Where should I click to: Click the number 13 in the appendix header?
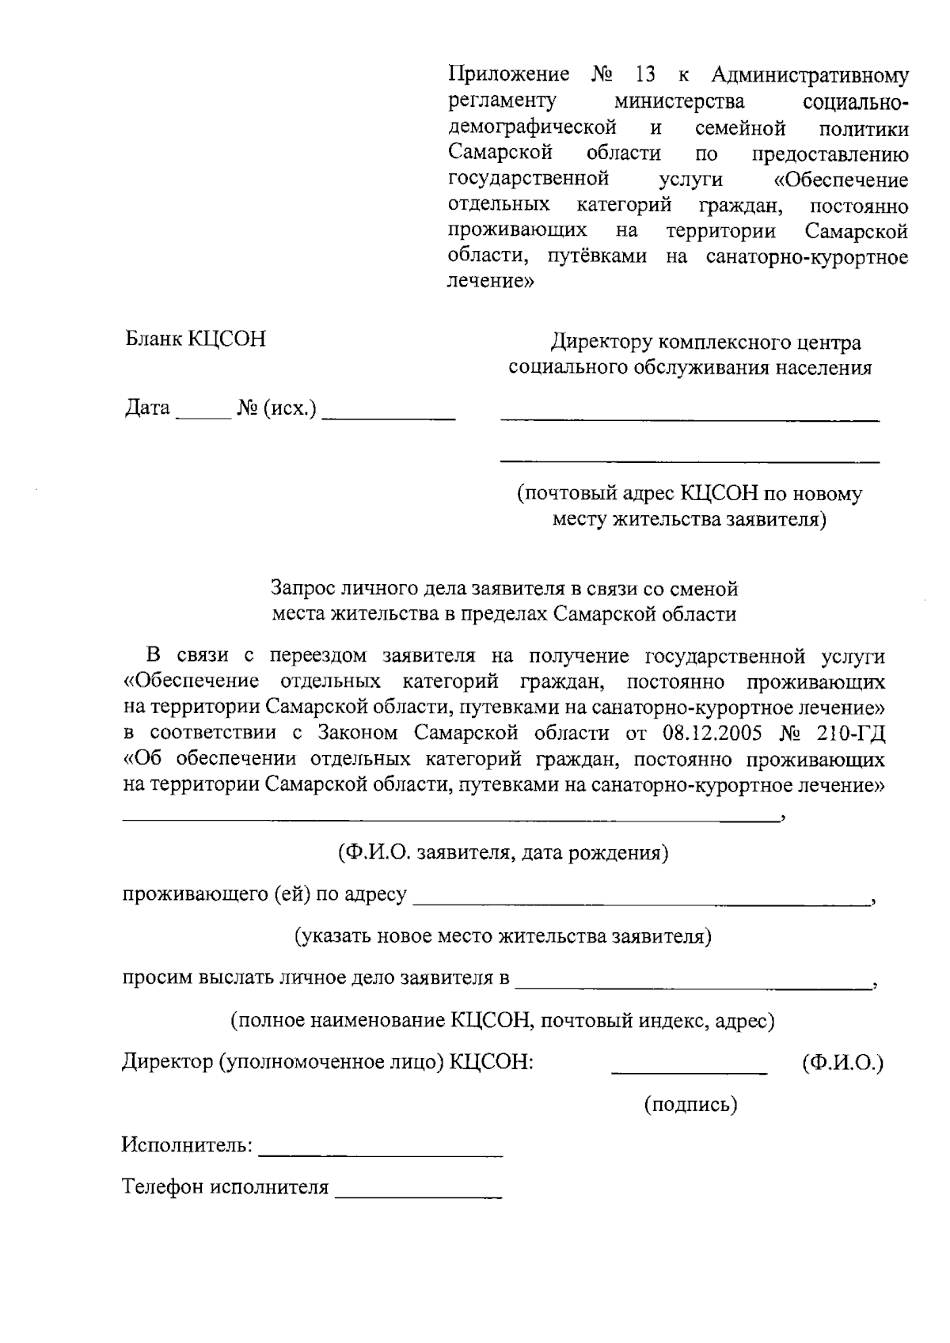tap(644, 76)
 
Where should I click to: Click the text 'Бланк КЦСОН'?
tap(196, 340)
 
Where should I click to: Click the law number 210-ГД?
tap(850, 733)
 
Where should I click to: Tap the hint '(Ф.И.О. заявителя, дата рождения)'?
tap(499, 854)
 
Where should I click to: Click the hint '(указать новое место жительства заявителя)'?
tap(503, 937)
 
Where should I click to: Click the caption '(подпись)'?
tap(690, 1105)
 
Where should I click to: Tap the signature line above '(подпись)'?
tap(689, 1072)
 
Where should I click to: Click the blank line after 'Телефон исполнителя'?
tap(418, 1197)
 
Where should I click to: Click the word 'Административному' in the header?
tap(809, 76)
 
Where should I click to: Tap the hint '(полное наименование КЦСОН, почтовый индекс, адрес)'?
tap(502, 1021)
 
